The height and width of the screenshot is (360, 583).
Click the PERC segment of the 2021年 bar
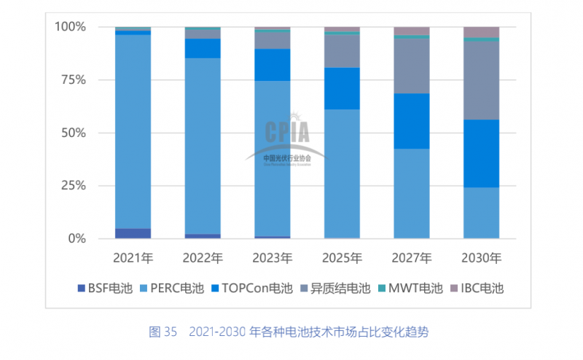133,131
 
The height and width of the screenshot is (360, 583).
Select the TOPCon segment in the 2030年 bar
481,153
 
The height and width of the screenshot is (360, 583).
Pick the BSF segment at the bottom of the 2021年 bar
133,233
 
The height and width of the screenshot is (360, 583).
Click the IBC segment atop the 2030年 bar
481,31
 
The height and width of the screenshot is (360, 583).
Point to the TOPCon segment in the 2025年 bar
342,88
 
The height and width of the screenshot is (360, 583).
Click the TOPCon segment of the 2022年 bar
203,48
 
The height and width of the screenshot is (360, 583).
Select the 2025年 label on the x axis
342,258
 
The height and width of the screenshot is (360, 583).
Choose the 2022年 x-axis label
203,258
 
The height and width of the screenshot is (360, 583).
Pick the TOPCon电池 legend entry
246,288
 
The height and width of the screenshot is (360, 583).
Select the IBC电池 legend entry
477,288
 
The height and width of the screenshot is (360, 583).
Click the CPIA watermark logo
287,136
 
